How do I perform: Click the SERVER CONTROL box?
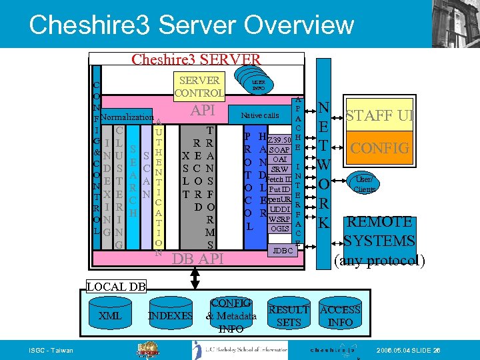coord(198,87)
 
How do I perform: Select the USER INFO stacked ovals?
coord(258,84)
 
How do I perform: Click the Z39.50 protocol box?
coord(279,139)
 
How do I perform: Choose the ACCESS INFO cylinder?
coord(340,315)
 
